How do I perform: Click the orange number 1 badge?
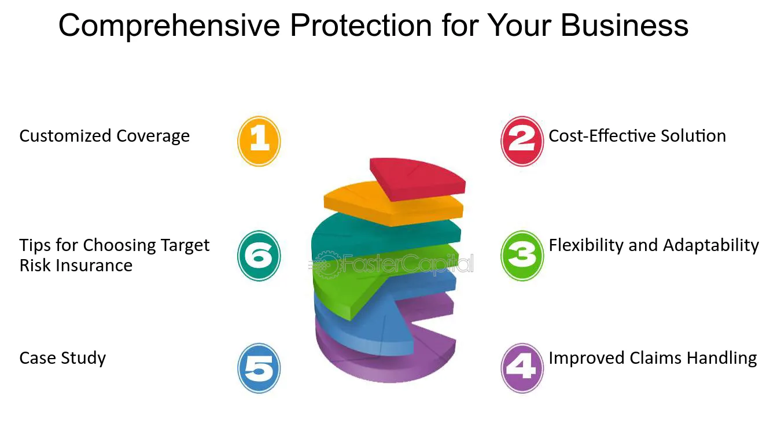259,141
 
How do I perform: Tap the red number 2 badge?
522,141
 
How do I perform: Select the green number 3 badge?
522,256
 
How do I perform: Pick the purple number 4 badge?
522,368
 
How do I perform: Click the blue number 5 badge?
259,368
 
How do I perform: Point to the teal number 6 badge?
259,256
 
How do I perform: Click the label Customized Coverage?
104,137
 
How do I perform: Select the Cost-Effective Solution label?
638,136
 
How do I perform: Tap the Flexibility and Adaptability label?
654,245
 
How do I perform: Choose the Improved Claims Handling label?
653,359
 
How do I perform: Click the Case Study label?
62,359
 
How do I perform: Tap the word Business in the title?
624,25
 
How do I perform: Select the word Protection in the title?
361,25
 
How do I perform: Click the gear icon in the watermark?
326,265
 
